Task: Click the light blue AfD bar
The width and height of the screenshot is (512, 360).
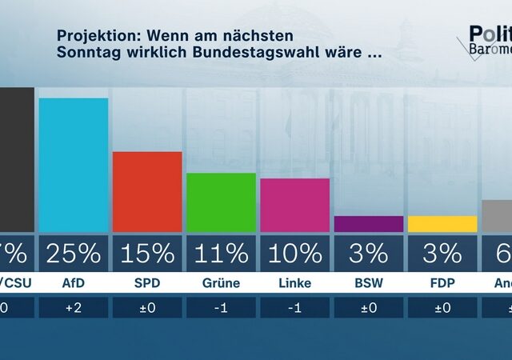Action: (73, 165)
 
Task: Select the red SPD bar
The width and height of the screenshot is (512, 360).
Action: (146, 192)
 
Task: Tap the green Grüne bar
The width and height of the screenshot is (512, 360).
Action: (221, 202)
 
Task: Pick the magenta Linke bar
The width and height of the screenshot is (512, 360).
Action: (294, 205)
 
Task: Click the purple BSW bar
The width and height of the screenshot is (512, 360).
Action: (368, 224)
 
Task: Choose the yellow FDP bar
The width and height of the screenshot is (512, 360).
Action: (442, 224)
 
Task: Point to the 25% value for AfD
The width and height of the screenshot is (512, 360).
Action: (73, 254)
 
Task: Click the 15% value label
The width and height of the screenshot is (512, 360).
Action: (146, 254)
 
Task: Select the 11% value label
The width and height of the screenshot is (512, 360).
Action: (221, 254)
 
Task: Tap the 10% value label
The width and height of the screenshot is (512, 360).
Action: (294, 254)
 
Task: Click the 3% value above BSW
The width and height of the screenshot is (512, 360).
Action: (368, 254)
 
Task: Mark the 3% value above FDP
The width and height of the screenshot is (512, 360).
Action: (442, 254)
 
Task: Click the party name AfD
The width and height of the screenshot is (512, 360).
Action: (73, 282)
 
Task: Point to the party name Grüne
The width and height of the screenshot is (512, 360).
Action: (221, 282)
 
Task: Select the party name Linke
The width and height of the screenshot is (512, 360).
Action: (294, 282)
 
